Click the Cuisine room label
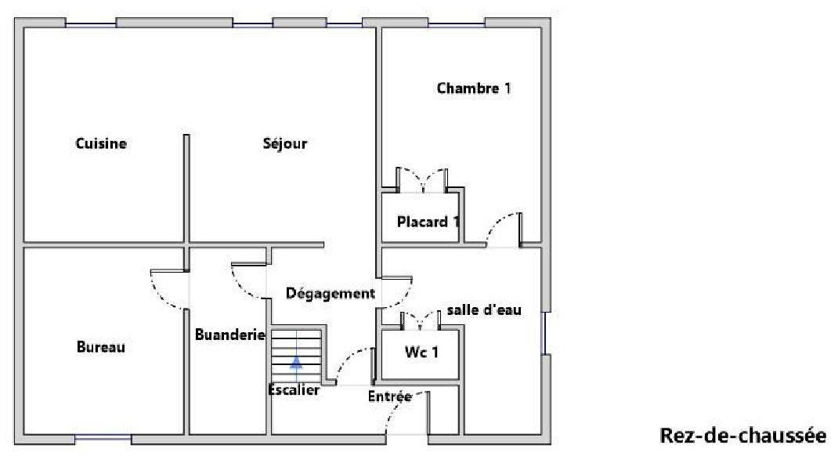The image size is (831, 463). click(x=101, y=143)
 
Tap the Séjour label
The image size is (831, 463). click(x=285, y=143)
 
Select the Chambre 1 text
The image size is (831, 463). click(x=474, y=88)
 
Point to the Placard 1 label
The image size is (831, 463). click(x=428, y=222)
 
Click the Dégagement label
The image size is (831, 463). click(x=331, y=293)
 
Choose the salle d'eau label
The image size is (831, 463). click(x=484, y=309)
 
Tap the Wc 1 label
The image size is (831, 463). click(x=421, y=353)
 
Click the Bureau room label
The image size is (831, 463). click(x=101, y=347)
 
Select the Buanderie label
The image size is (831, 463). click(x=230, y=335)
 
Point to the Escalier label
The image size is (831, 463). click(x=294, y=390)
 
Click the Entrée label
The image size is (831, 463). click(x=390, y=396)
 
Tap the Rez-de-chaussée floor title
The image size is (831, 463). click(x=742, y=436)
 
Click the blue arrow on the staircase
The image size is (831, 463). click(x=296, y=362)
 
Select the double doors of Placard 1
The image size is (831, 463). click(x=422, y=180)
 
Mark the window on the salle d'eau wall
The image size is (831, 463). click(x=544, y=333)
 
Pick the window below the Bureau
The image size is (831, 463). click(x=103, y=439)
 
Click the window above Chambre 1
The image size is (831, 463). click(x=457, y=24)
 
